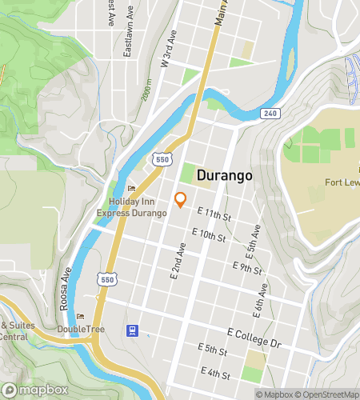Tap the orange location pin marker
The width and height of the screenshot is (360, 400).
pyautogui.click(x=180, y=200)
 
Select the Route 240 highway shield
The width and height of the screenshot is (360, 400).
pyautogui.click(x=270, y=114)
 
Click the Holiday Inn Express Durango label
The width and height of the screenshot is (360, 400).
pyautogui.click(x=132, y=208)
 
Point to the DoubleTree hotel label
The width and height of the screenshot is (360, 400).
pyautogui.click(x=79, y=330)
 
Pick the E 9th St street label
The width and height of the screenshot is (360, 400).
pyautogui.click(x=246, y=267)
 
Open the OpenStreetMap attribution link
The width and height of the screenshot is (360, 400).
pyautogui.click(x=326, y=394)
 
